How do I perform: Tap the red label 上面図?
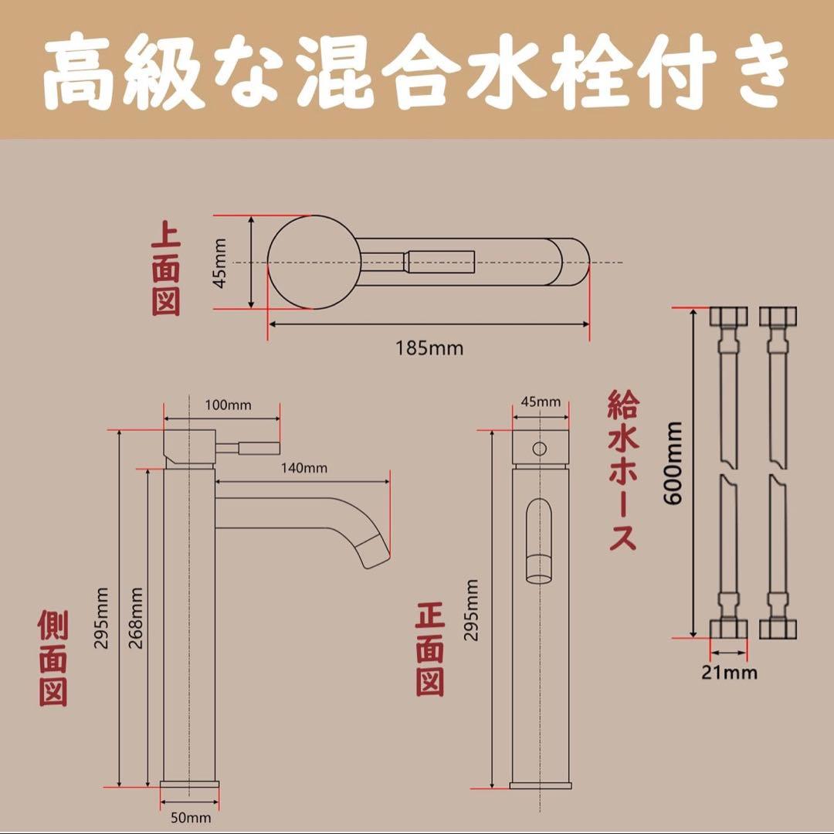165,269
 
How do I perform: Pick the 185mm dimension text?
430,348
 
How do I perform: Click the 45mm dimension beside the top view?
222,263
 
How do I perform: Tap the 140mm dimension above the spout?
303,468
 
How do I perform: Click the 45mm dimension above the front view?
541,402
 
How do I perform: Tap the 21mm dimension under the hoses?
729,673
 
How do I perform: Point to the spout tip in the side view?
374,551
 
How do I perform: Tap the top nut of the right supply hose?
776,318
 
